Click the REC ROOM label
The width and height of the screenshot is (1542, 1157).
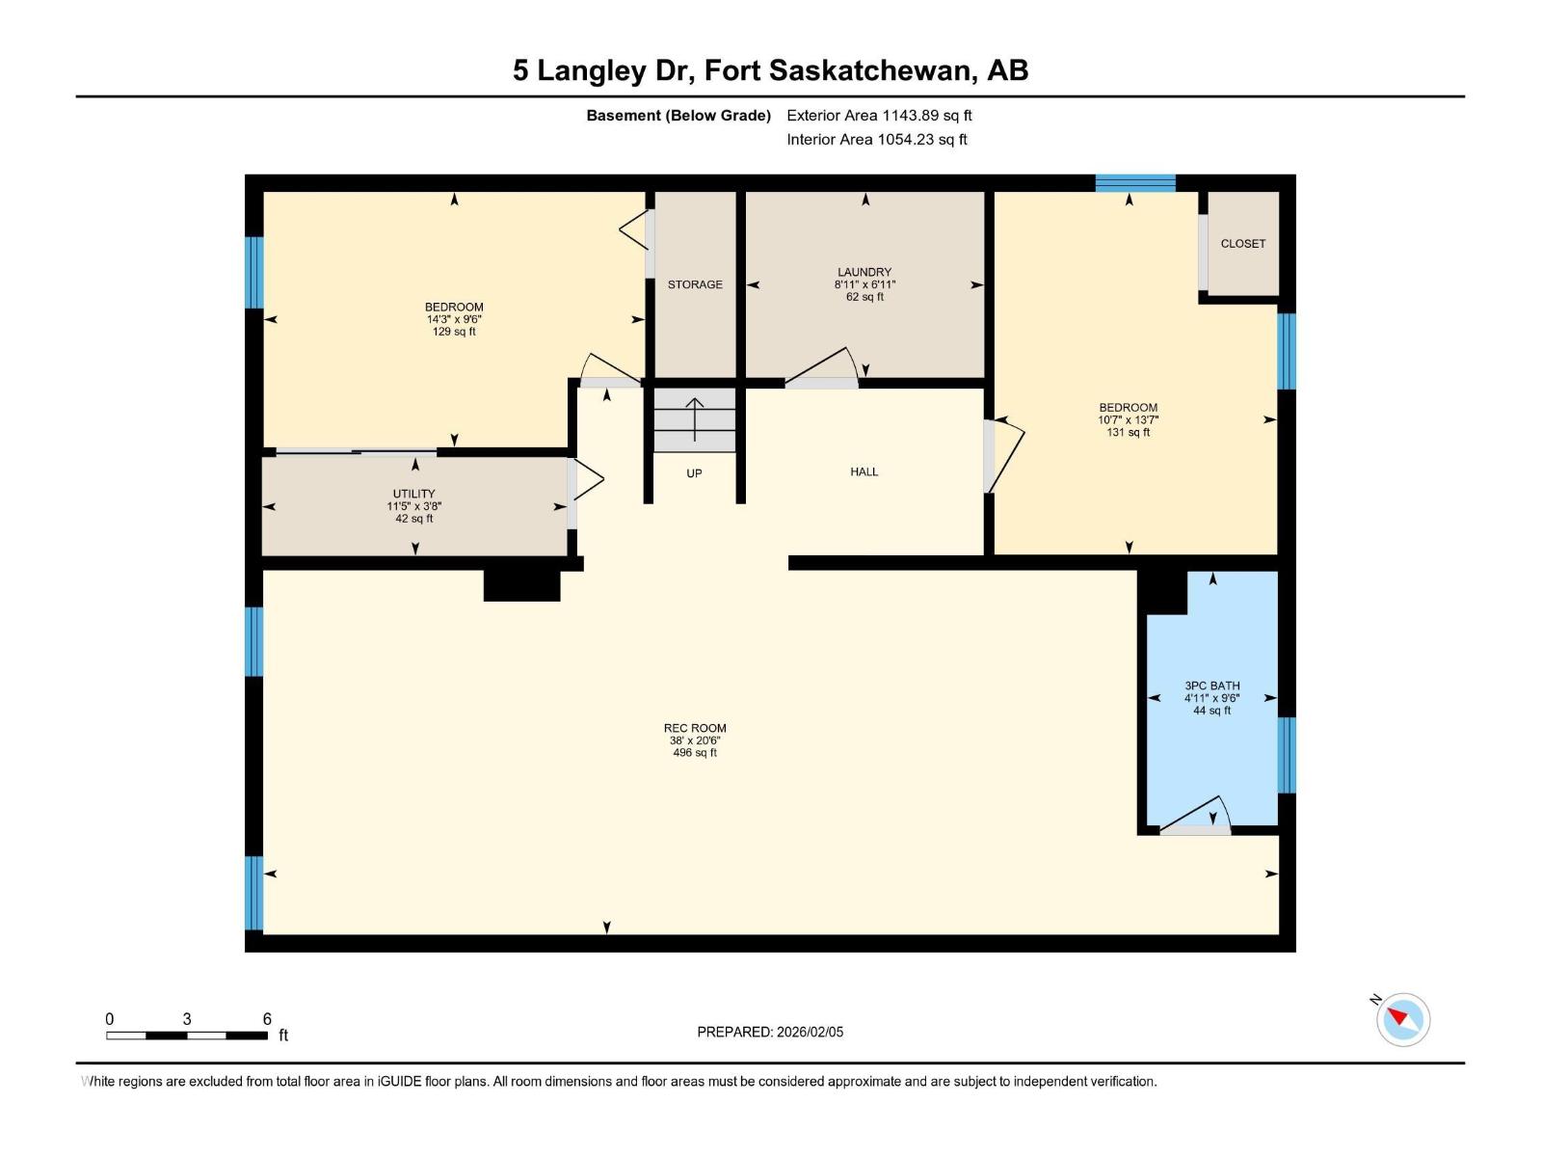click(694, 728)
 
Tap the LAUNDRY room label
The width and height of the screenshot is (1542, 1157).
click(864, 272)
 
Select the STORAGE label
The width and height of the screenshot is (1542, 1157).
click(695, 284)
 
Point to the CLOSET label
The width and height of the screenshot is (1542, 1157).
click(1242, 244)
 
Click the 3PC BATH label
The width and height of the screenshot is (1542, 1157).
click(1211, 686)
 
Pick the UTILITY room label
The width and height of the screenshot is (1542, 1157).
click(413, 494)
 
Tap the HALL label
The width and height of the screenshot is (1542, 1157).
click(864, 471)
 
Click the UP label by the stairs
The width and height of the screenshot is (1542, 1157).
click(694, 473)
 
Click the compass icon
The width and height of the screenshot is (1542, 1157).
click(1402, 1019)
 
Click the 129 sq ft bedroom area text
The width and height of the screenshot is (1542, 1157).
click(454, 332)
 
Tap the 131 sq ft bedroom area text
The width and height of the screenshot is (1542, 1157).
click(1128, 433)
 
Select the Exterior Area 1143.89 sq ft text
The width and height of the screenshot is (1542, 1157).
click(879, 116)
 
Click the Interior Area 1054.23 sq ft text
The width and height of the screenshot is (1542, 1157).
click(876, 140)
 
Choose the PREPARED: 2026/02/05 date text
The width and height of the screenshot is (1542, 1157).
click(770, 1032)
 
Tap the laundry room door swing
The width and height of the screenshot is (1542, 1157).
click(824, 366)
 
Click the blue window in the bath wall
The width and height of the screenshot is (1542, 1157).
click(1287, 755)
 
